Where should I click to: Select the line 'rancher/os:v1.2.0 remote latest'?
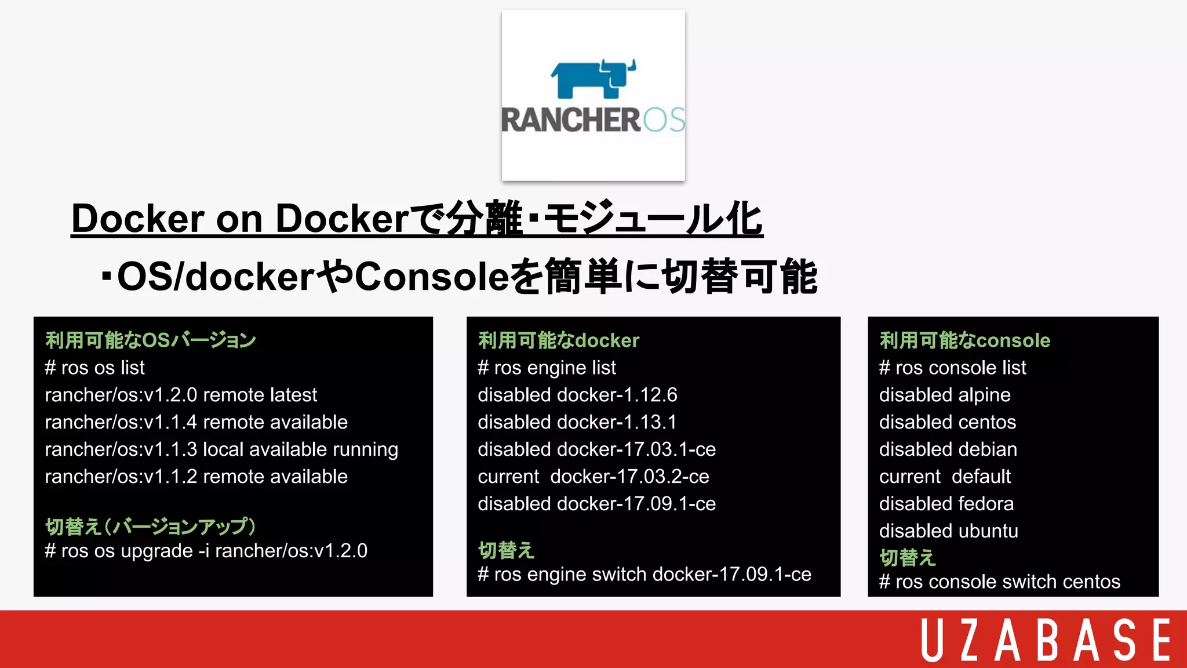coord(181,395)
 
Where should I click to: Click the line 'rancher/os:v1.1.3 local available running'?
coord(221,449)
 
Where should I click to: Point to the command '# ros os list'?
coord(95,368)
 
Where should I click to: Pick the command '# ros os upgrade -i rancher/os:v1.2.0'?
coord(206,551)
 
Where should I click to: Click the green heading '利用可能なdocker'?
coord(558,340)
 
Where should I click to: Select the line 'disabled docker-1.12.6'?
coord(577,395)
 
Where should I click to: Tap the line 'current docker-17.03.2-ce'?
coord(593,477)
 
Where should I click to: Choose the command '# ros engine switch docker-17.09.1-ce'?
coord(645,575)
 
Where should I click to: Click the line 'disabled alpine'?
coord(945,395)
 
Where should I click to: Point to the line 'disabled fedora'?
coord(946,504)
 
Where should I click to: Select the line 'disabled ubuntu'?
coord(949,531)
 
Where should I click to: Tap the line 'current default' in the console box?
coord(945,477)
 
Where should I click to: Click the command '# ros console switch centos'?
coord(1000,582)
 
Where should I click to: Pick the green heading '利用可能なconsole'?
coord(965,340)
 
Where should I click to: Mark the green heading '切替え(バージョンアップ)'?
coord(151,527)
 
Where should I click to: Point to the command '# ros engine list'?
coord(547,368)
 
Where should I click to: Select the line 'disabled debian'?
coord(948,449)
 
